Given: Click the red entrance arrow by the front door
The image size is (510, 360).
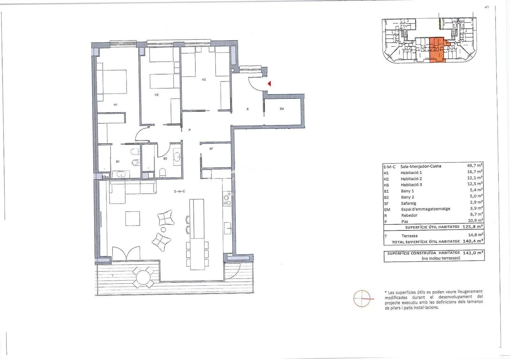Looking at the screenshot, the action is click(x=269, y=84).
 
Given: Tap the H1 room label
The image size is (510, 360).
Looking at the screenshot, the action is click(x=115, y=105).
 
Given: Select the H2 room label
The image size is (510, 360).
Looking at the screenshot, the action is click(x=157, y=95).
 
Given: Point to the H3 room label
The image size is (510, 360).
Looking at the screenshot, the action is click(x=204, y=79).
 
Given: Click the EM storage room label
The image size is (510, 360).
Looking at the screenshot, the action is click(x=282, y=109).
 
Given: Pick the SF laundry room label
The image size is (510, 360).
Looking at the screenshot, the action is click(x=211, y=149).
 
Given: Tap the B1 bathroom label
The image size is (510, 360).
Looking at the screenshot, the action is click(x=118, y=162).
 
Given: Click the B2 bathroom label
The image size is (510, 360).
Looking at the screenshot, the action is click(x=165, y=158).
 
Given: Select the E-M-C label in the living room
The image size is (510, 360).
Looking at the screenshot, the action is click(x=179, y=191).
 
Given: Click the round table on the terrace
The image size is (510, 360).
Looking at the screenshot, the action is click(x=143, y=277).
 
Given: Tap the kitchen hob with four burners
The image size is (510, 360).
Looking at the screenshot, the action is click(x=227, y=199).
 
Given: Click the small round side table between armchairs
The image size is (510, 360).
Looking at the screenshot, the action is click(x=163, y=229).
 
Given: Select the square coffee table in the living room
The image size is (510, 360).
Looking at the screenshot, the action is click(x=133, y=219).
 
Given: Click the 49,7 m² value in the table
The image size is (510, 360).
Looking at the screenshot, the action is click(x=475, y=165).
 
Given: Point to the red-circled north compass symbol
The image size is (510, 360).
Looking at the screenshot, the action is click(x=362, y=298).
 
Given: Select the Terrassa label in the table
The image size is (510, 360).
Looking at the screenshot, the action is click(x=409, y=236).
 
